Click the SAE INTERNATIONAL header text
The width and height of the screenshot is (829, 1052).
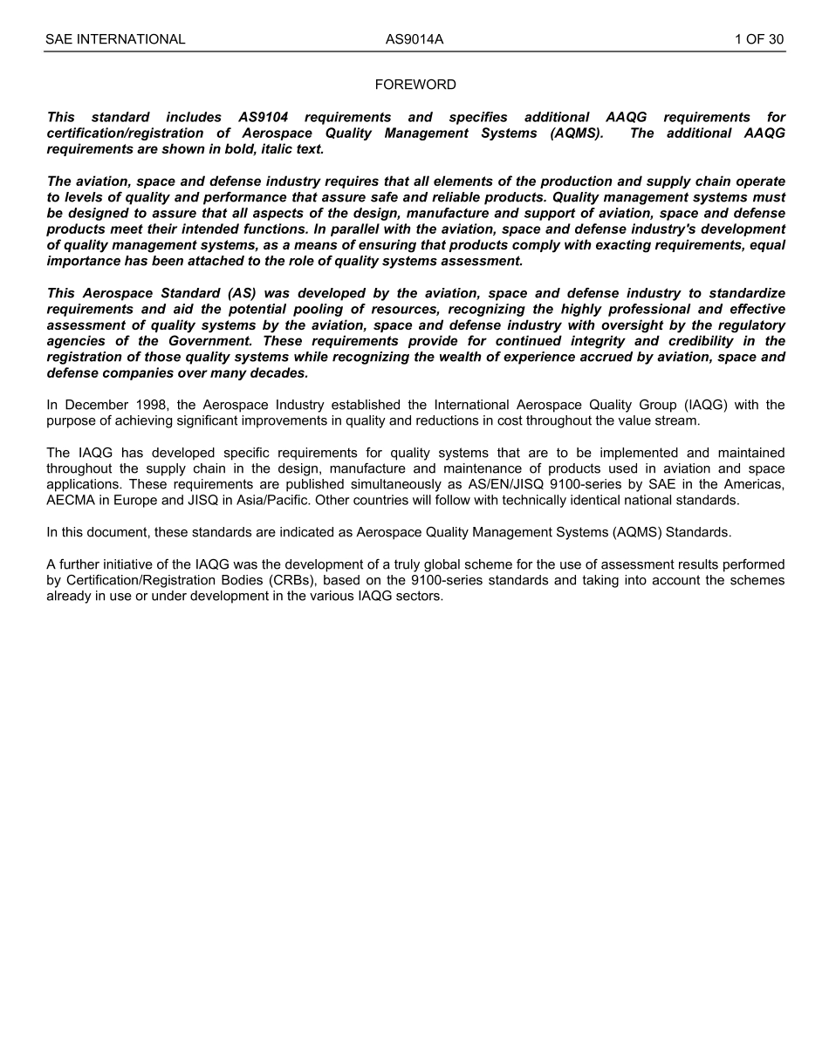[115, 39]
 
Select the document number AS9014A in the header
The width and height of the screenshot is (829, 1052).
[415, 39]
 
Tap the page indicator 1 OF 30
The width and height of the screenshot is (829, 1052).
[758, 39]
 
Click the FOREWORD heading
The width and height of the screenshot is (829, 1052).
[415, 85]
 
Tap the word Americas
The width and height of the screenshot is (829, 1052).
[756, 485]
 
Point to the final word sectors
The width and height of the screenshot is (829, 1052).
[419, 597]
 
